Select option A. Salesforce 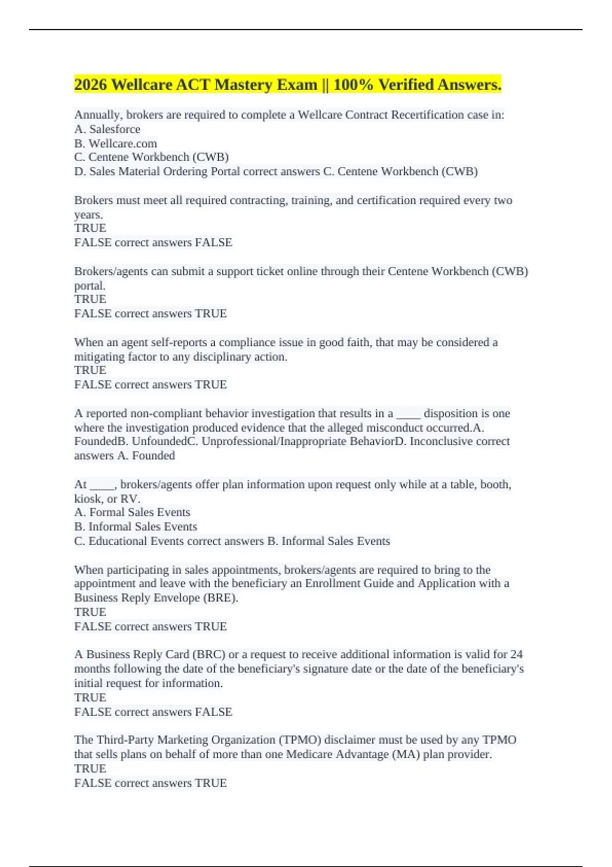click(x=107, y=129)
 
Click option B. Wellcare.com click(x=115, y=143)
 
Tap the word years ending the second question click(x=88, y=215)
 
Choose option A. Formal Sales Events click(x=132, y=512)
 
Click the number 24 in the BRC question click(x=516, y=654)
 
